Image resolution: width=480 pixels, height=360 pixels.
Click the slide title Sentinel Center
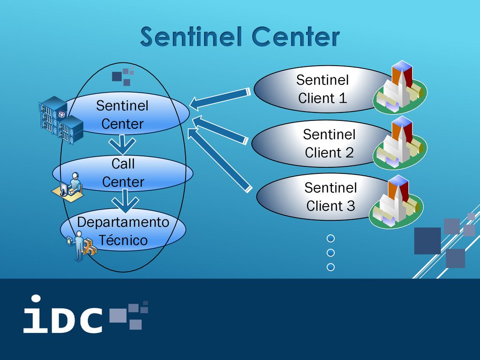[240, 37]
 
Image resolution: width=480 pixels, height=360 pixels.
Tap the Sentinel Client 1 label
[322, 89]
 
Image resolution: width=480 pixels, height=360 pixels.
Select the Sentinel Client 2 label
[329, 143]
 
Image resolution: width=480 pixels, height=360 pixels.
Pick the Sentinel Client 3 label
[330, 196]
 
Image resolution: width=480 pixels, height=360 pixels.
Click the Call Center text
[123, 172]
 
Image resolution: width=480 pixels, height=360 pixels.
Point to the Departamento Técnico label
[123, 231]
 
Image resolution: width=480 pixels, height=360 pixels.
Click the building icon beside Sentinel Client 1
[400, 87]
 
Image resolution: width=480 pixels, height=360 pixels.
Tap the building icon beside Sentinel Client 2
[400, 142]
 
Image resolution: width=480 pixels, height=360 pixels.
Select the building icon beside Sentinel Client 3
[396, 202]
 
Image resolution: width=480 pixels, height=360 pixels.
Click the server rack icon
[61, 120]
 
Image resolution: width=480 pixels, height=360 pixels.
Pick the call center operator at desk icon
[67, 187]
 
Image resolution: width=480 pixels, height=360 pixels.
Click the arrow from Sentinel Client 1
[220, 99]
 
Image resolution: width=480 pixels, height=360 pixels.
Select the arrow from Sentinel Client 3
[220, 160]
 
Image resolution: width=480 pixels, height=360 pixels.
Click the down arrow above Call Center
[122, 145]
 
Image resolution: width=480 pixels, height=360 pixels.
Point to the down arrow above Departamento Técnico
[125, 201]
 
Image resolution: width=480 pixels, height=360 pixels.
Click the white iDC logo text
[63, 314]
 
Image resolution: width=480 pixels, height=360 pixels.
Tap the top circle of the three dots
[330, 239]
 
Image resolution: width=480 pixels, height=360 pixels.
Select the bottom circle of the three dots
[330, 267]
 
